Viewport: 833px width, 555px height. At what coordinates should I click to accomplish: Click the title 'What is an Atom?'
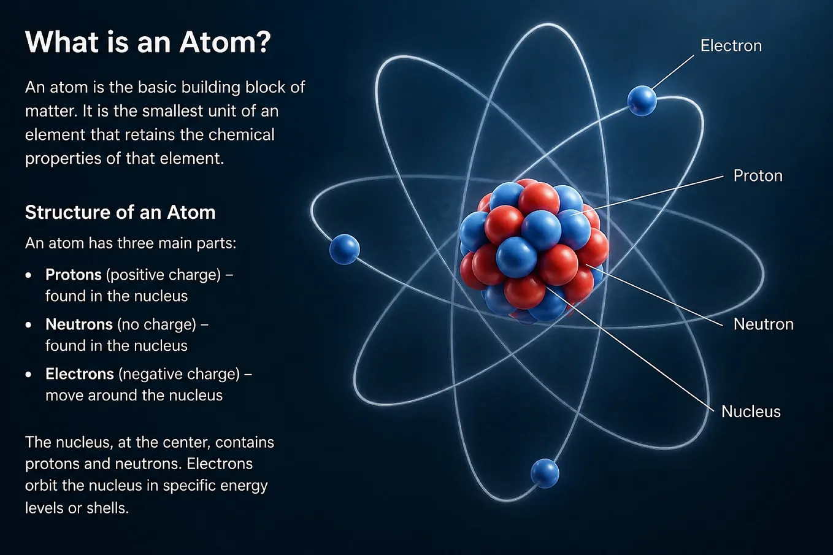tap(148, 42)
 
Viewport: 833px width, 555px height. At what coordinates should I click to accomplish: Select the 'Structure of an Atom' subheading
tap(120, 213)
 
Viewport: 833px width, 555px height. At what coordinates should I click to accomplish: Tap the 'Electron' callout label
tap(731, 46)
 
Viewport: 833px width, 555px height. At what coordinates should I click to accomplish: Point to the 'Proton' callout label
tap(758, 176)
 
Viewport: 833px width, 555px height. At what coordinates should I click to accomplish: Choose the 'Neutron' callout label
tap(764, 324)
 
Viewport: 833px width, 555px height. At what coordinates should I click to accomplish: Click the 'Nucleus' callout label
tap(751, 411)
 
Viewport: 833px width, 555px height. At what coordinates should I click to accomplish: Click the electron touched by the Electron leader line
tap(642, 101)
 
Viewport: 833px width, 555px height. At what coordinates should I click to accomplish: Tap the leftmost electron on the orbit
tap(344, 249)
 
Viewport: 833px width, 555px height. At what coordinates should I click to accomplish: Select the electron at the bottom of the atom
tap(545, 473)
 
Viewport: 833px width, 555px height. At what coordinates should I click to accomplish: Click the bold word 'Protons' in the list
tap(73, 275)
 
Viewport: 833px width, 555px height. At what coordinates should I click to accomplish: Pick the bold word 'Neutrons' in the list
tap(79, 324)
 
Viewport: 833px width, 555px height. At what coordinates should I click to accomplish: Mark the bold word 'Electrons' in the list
tap(80, 374)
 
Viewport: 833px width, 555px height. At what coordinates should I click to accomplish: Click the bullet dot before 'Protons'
tap(29, 275)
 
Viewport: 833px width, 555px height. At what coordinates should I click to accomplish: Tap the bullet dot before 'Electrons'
tap(29, 375)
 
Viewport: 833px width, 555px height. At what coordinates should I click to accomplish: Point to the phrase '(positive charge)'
tap(164, 275)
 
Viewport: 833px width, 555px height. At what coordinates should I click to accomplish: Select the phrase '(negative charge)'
tap(179, 374)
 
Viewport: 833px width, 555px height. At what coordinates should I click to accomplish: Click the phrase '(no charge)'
tap(156, 324)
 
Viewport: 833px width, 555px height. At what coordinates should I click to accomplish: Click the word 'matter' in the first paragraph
tap(48, 111)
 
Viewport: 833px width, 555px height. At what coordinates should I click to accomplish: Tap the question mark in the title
tap(263, 42)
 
